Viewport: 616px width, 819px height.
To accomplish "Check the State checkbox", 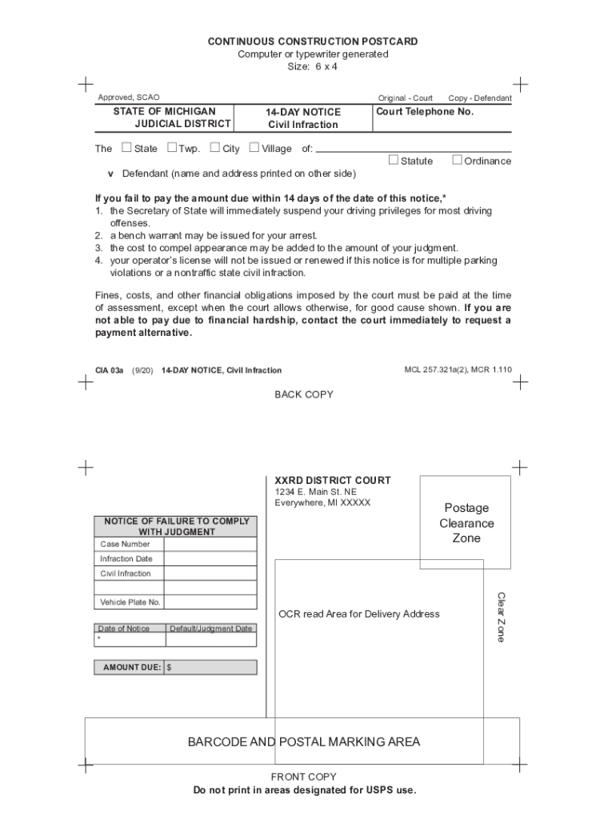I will point(126,147).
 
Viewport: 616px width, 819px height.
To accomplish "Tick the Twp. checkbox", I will point(172,147).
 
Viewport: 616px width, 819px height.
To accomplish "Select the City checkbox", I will point(215,147).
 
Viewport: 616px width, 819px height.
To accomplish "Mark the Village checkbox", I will point(254,147).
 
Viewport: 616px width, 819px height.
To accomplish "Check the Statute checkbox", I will point(393,160).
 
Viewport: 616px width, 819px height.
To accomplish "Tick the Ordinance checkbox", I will point(457,160).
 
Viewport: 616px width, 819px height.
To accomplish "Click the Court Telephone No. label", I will point(425,112).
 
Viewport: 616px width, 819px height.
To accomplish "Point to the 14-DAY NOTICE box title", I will point(303,113).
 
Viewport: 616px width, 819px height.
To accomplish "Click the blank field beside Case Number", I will point(210,544).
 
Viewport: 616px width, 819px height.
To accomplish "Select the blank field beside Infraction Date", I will point(210,558).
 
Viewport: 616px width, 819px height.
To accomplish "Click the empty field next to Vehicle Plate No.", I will point(210,602).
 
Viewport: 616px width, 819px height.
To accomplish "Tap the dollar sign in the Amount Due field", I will point(170,667).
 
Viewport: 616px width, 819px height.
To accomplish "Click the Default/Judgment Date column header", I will point(210,629).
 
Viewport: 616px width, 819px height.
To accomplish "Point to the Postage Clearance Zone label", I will point(466,523).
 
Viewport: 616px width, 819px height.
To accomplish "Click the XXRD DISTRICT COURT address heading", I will point(333,480).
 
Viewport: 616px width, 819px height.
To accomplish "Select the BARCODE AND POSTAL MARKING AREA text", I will point(303,741).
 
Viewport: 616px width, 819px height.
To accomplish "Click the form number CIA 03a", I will point(109,370).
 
